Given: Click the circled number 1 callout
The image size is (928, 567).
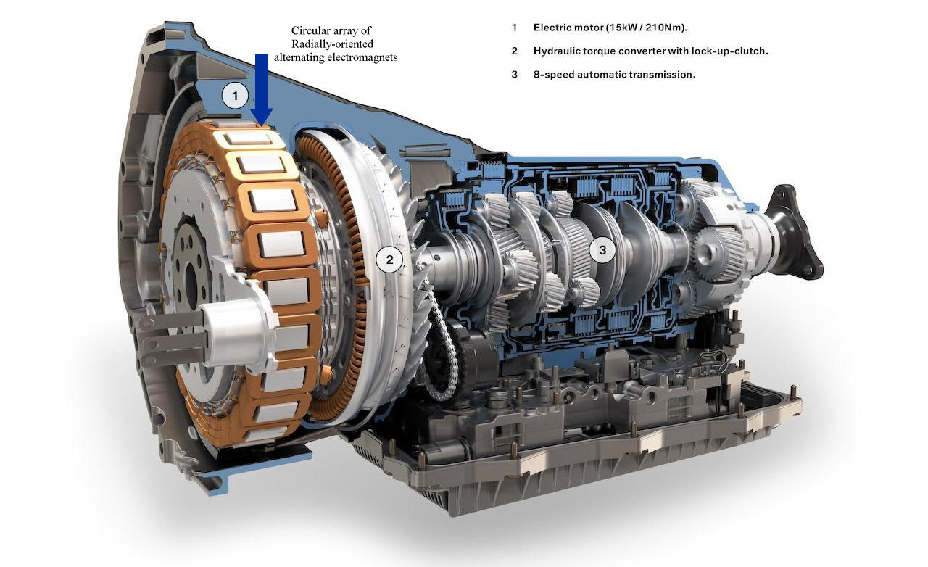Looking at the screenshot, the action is pyautogui.click(x=235, y=96).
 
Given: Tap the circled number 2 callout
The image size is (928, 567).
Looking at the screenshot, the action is pyautogui.click(x=389, y=260).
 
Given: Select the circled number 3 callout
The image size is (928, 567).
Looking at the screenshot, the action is pyautogui.click(x=602, y=250).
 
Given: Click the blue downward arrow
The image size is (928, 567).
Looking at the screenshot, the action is pyautogui.click(x=261, y=89).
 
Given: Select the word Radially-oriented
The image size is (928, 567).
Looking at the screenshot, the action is pyautogui.click(x=332, y=44).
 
